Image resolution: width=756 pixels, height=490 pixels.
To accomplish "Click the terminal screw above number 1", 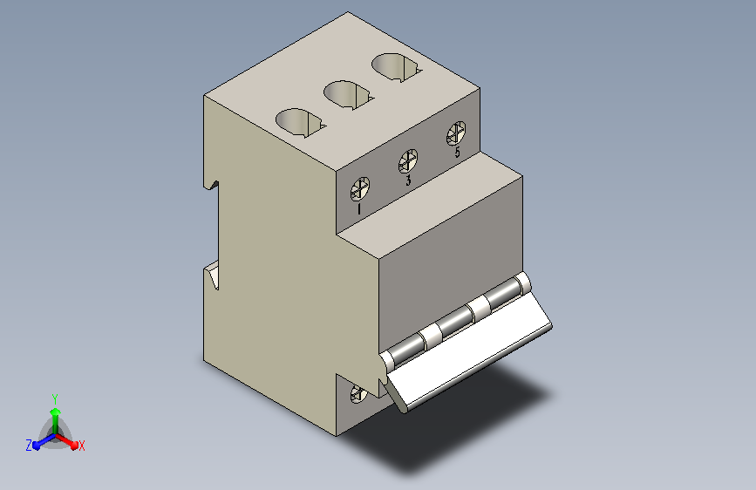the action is [359, 188].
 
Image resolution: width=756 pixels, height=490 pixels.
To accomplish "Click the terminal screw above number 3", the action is [408, 161].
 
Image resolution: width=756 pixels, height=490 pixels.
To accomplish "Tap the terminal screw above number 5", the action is [456, 133].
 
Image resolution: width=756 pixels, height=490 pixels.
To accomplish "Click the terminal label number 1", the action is [358, 209].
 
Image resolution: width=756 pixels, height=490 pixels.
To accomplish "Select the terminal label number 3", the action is [408, 180].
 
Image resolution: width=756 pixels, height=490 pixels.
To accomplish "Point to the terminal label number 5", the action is [457, 152].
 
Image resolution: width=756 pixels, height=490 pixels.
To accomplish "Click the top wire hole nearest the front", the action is [300, 122].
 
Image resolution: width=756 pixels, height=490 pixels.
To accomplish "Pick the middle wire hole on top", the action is [348, 95].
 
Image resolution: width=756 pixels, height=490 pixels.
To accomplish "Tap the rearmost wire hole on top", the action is [396, 67].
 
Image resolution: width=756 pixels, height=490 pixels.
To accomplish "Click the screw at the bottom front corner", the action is [358, 393].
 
